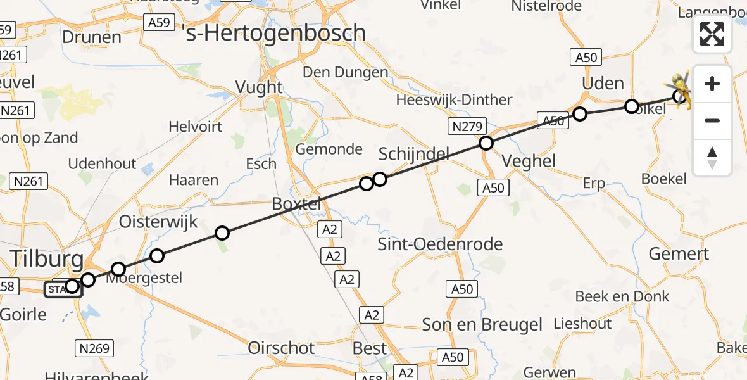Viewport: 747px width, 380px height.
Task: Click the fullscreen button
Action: coord(712,34)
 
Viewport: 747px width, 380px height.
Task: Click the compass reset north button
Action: coord(712,158)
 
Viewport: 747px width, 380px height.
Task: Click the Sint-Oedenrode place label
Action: coord(440,244)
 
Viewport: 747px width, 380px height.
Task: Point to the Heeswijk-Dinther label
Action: coord(454,100)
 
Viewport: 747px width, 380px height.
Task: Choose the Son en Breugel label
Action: coord(482,325)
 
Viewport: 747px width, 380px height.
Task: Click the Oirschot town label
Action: coord(282,348)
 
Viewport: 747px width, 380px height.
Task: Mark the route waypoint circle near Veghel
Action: coord(486,143)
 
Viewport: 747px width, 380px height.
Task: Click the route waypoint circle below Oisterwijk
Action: coord(222,233)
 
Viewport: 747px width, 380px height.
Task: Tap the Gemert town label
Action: coord(679,255)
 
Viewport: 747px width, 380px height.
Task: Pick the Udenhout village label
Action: coord(102,163)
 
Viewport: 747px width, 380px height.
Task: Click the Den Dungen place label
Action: coord(345,72)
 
